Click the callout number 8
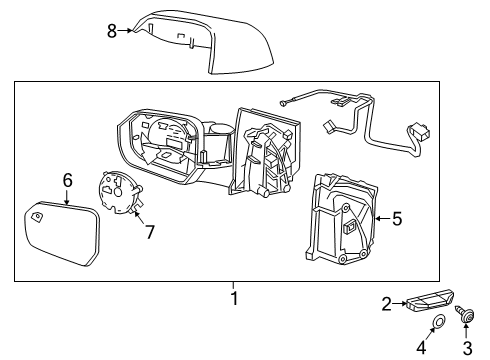tap(112, 31)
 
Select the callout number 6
tap(68, 180)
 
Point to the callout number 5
tap(397, 216)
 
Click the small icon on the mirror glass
tap(37, 215)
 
